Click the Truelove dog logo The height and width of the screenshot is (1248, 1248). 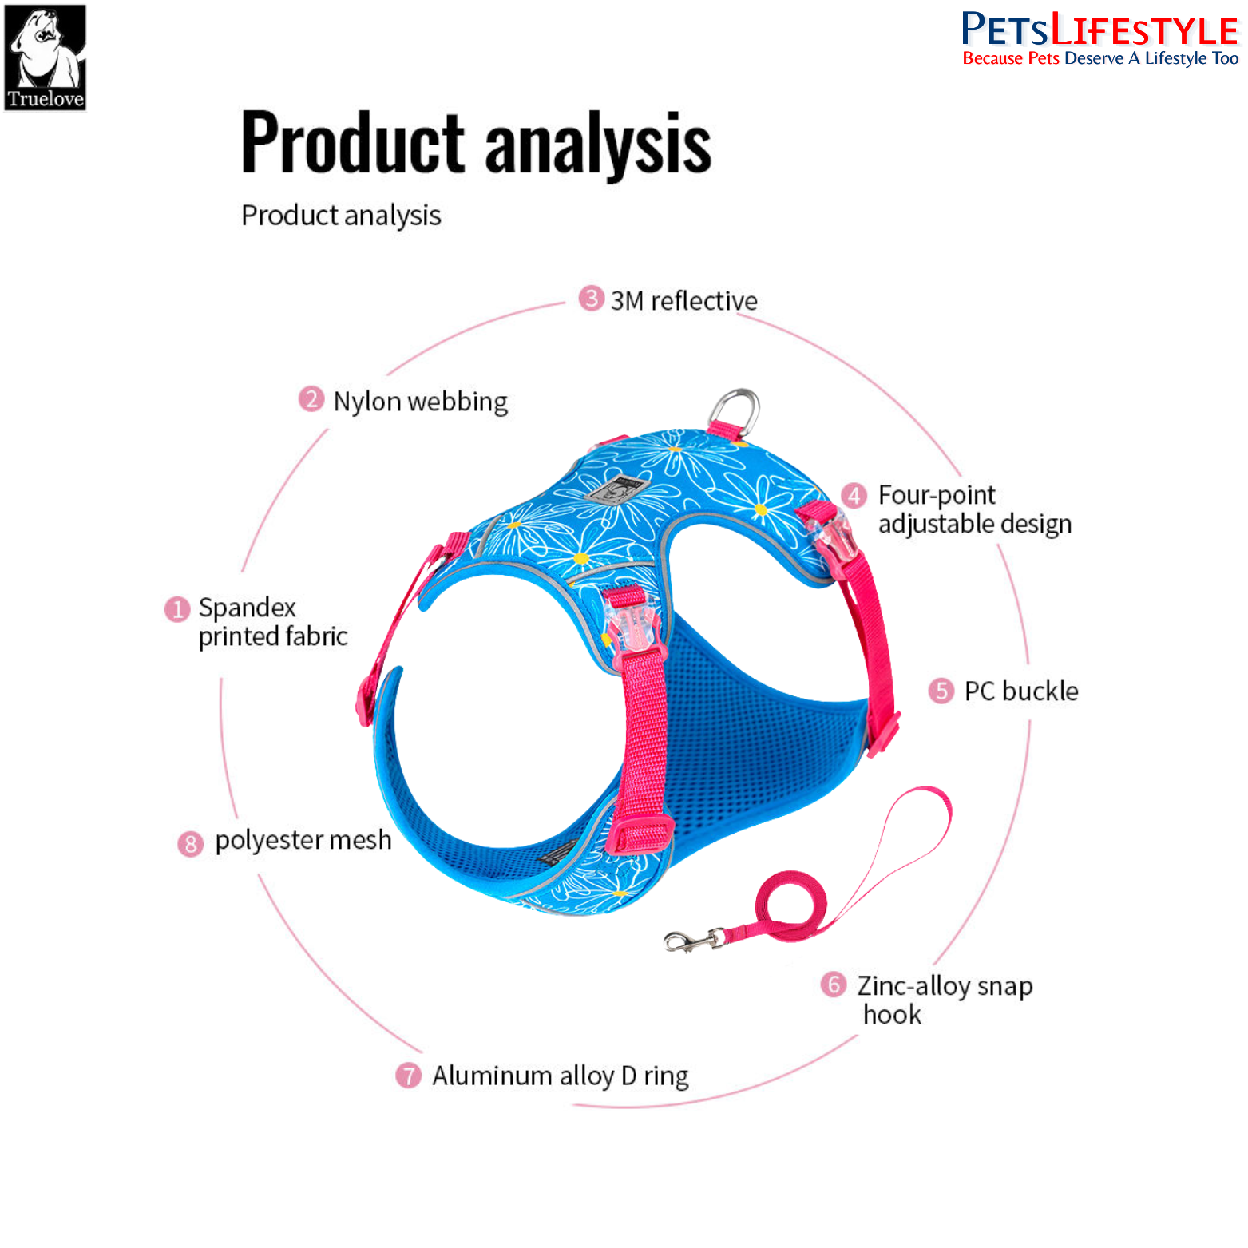46,57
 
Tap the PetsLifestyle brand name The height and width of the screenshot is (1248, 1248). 1099,30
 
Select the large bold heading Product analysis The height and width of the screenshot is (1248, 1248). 476,143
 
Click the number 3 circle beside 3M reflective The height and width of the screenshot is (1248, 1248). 591,299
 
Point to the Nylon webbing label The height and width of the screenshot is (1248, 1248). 420,402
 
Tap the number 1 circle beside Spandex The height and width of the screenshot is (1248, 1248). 176,609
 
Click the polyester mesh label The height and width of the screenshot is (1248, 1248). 303,840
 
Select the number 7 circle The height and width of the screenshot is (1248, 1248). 408,1076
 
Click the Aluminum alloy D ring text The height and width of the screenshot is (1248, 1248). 560,1076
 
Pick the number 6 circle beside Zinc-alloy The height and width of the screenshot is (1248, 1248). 833,985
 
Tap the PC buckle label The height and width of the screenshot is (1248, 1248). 1020,691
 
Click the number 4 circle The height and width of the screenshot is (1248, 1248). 854,496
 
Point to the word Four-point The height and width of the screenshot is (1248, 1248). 937,495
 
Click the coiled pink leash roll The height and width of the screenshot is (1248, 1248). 786,907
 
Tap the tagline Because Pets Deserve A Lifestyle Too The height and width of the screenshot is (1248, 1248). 1100,58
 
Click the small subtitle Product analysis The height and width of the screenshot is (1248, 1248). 341,216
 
